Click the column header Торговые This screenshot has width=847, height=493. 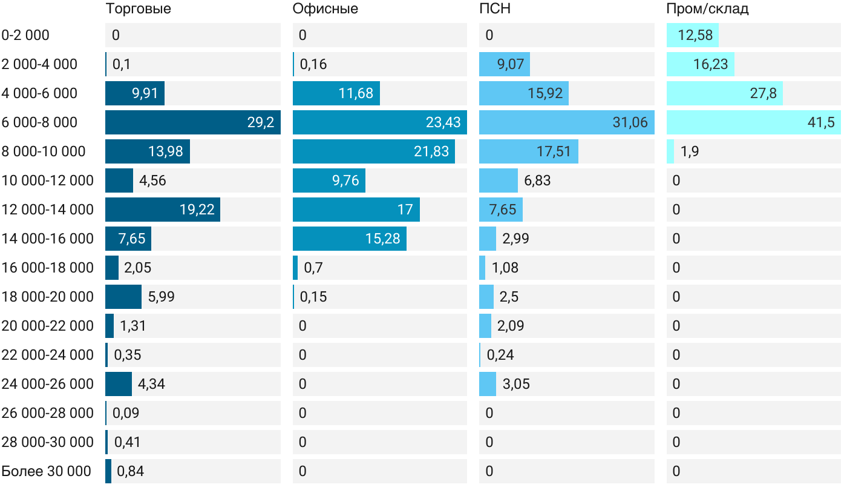click(138, 9)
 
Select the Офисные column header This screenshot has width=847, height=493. click(325, 9)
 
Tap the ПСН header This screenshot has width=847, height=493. click(491, 9)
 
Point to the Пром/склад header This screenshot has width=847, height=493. click(707, 9)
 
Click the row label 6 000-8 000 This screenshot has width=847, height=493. click(39, 122)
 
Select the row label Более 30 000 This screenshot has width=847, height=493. click(46, 471)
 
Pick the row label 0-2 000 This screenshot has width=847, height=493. click(25, 35)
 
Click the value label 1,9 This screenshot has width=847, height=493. click(690, 151)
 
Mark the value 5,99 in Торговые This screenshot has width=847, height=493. click(162, 297)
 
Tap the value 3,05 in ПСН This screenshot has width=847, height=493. click(516, 384)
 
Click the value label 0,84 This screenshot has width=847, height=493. click(130, 471)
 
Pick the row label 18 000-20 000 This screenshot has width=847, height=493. click(48, 297)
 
